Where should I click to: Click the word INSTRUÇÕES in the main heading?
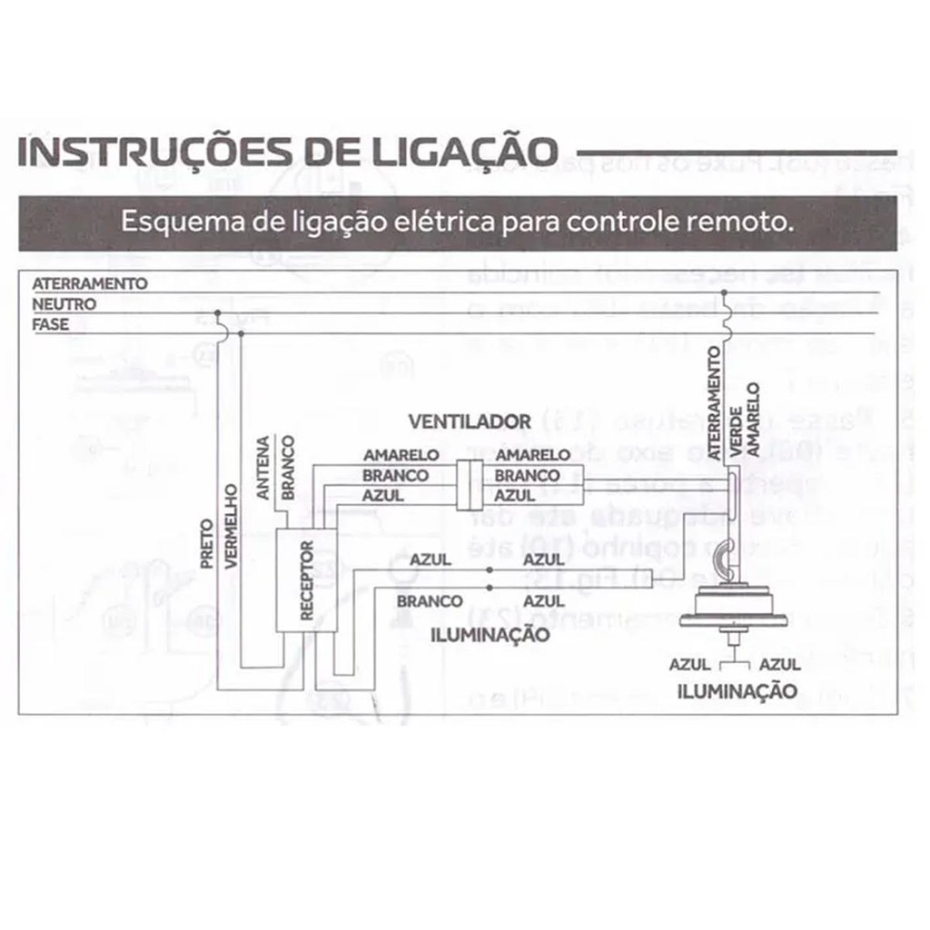coord(132,152)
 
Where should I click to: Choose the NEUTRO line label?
coord(64,304)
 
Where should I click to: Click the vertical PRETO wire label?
coord(206,543)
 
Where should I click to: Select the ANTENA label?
coord(262,468)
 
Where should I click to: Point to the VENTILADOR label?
coord(469,421)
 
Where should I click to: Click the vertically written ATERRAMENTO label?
coord(715,407)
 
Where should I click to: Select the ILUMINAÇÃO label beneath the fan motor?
coord(737,691)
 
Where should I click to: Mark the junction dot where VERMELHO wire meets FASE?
coord(240,335)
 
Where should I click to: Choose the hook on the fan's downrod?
coord(719,557)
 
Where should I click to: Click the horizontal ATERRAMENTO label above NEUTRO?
coord(89,284)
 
